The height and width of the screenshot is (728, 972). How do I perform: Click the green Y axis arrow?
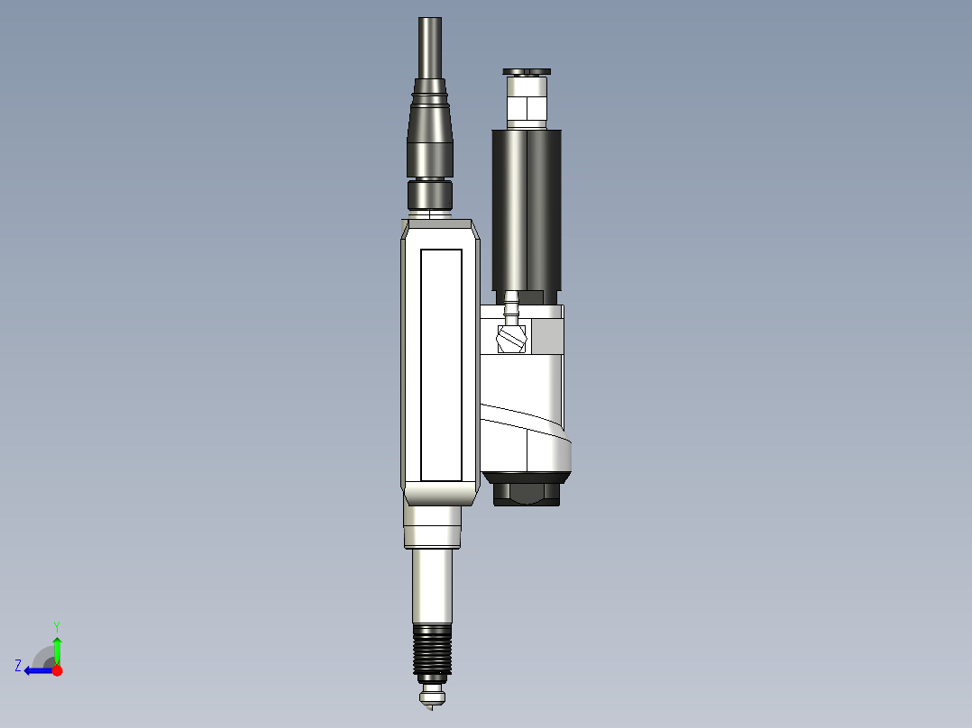click(x=57, y=649)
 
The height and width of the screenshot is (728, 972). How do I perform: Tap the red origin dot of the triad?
click(x=57, y=670)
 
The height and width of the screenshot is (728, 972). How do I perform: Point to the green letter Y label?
click(x=56, y=625)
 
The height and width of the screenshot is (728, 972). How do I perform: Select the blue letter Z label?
click(x=18, y=666)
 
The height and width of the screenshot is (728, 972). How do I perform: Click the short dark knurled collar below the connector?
click(x=430, y=194)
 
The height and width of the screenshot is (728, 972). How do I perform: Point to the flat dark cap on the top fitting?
click(x=527, y=71)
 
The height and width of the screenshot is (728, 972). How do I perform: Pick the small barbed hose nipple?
click(x=511, y=309)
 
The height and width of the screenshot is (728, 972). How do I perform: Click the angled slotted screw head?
click(x=511, y=339)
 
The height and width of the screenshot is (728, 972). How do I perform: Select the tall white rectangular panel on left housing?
click(x=441, y=364)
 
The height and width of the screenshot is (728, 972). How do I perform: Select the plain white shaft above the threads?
click(x=432, y=586)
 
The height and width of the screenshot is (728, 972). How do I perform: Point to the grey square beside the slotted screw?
click(x=546, y=337)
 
